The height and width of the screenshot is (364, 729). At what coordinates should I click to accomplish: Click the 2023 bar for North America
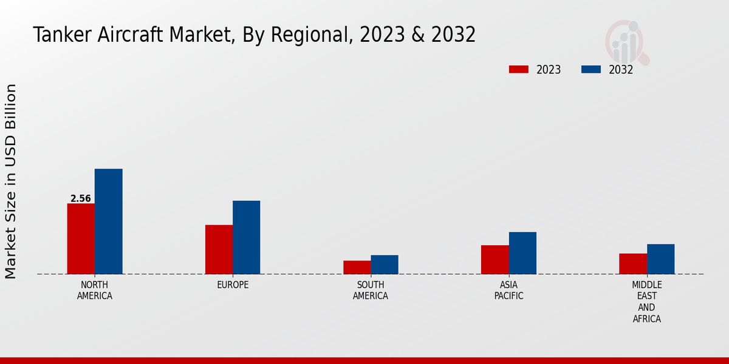(81, 238)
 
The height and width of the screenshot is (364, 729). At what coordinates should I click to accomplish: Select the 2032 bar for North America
(108, 221)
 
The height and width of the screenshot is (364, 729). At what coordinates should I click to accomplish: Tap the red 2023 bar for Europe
(219, 249)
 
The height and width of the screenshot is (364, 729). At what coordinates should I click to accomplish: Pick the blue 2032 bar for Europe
(246, 237)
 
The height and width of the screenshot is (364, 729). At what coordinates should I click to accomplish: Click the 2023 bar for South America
(357, 268)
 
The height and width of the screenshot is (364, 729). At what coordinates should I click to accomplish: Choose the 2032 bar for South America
(385, 265)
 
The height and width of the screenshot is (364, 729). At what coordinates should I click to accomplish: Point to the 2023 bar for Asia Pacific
(495, 260)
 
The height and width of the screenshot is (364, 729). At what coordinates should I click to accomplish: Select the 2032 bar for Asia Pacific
(522, 253)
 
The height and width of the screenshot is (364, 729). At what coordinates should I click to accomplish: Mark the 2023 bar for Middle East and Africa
(633, 264)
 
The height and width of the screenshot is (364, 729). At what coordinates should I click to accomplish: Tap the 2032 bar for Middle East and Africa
(660, 259)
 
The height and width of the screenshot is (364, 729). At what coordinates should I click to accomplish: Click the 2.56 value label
(81, 198)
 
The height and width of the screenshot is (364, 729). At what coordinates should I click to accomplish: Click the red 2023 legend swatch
(518, 69)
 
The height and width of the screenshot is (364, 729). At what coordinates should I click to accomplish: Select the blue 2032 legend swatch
(590, 69)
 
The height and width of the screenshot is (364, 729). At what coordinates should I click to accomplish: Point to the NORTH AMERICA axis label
(95, 290)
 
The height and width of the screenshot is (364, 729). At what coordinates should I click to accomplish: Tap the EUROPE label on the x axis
(233, 285)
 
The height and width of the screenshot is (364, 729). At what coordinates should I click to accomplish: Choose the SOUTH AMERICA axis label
(371, 290)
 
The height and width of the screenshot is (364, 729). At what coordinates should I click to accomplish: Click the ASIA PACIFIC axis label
(508, 290)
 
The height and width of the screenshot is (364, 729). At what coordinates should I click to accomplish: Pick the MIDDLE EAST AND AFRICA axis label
(646, 302)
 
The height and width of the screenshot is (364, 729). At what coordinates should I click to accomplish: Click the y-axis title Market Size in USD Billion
(11, 181)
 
